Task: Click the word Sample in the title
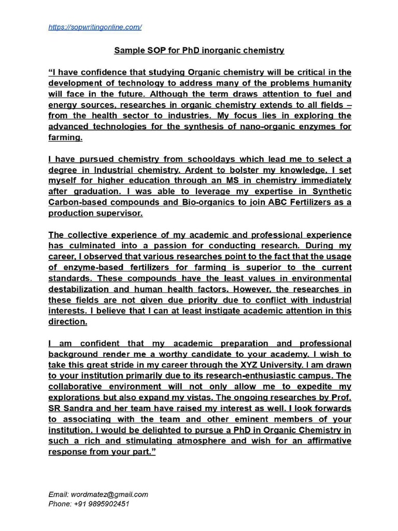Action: (127, 51)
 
